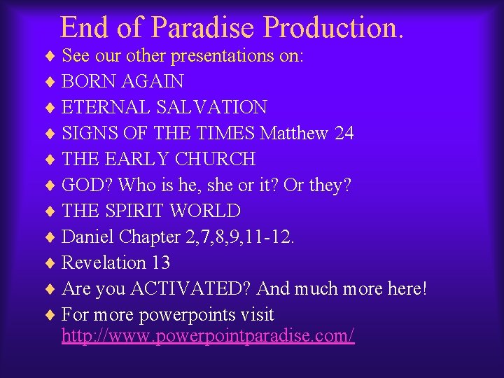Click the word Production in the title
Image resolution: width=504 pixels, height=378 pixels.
[333, 27]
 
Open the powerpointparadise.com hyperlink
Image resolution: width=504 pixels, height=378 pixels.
[208, 336]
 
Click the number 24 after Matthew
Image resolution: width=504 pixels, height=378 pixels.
[344, 134]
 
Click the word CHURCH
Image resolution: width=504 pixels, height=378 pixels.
[215, 160]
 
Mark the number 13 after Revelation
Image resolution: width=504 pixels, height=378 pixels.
[160, 263]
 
